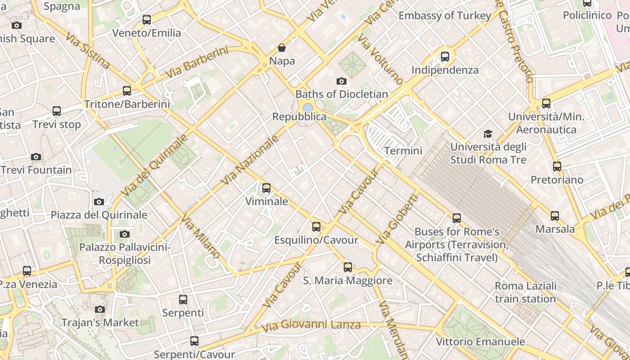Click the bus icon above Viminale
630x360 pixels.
[x=266, y=188]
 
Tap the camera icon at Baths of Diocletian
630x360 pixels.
[x=342, y=81]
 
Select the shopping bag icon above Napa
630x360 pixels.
[x=282, y=48]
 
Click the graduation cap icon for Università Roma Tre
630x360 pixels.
[x=488, y=134]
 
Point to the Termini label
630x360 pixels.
[x=403, y=151]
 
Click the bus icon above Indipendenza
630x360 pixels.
[x=445, y=57]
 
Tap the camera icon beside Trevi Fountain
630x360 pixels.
[x=36, y=157]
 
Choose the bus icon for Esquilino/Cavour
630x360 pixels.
[x=316, y=227]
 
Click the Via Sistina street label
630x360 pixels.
[x=88, y=50]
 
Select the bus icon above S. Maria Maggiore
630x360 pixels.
[x=348, y=267]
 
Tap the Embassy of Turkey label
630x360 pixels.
[x=445, y=16]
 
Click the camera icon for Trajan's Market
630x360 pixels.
[x=100, y=309]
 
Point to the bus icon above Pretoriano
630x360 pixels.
[x=557, y=166]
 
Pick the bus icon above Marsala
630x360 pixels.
[x=555, y=216]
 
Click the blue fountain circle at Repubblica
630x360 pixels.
[x=308, y=108]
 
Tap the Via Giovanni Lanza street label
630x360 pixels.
[x=311, y=325]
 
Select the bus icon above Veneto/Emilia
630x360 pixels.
[x=147, y=20]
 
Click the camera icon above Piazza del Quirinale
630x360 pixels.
[x=99, y=202]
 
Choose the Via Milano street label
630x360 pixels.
[x=201, y=236]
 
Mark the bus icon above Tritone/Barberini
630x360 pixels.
[x=127, y=91]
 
